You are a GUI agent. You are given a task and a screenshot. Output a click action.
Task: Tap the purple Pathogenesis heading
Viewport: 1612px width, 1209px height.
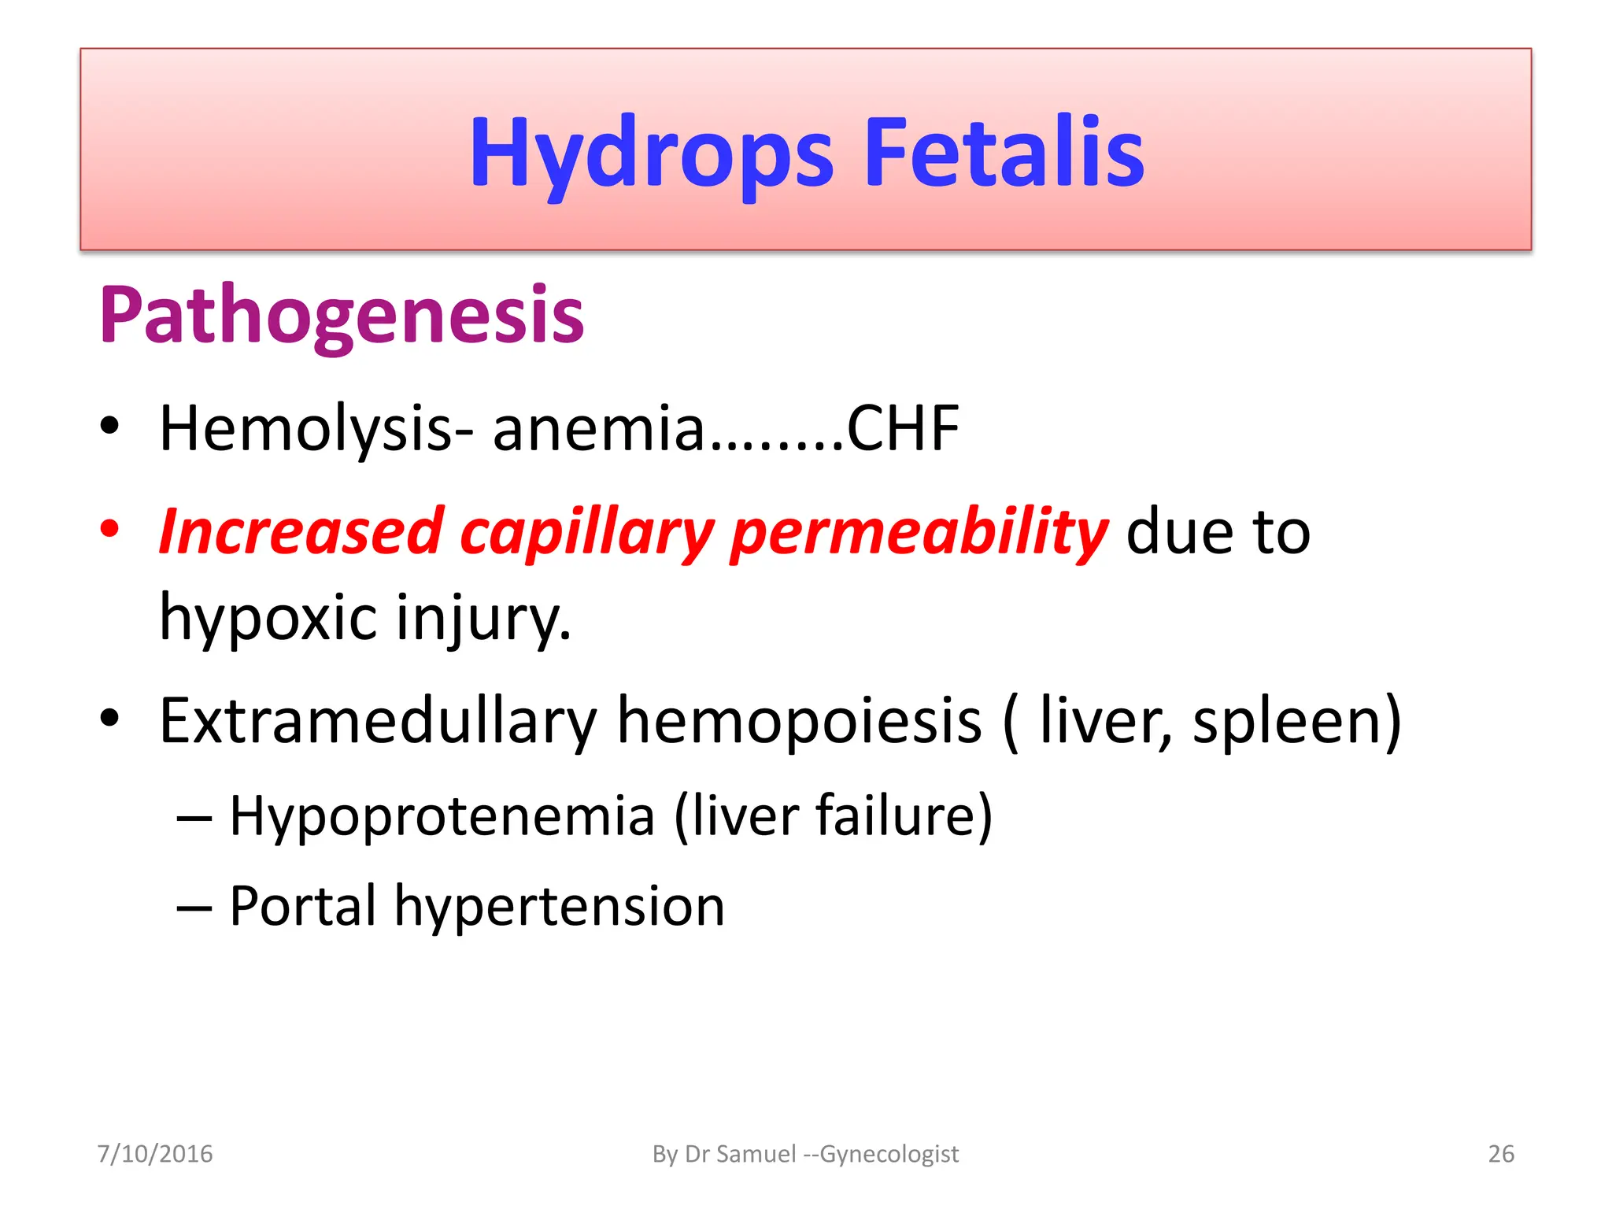(342, 315)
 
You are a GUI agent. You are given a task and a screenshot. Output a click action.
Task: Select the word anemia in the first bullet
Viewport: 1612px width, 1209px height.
(598, 429)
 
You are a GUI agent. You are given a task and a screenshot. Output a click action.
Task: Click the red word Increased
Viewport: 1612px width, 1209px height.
(301, 531)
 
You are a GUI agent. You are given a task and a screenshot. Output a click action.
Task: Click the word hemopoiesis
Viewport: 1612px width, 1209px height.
(799, 721)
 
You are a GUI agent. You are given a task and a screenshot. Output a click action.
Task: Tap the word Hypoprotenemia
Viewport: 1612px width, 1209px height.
(442, 816)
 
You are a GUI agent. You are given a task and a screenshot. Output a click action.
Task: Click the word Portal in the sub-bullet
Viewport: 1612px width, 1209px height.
(303, 906)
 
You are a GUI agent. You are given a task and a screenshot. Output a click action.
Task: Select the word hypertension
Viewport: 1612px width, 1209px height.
(559, 908)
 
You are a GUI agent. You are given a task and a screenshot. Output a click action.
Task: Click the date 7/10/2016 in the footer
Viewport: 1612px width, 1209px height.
(155, 1154)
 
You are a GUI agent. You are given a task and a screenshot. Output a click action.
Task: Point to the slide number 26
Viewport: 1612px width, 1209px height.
(1501, 1154)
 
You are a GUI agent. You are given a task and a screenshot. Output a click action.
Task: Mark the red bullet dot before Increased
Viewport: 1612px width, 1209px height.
(109, 528)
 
